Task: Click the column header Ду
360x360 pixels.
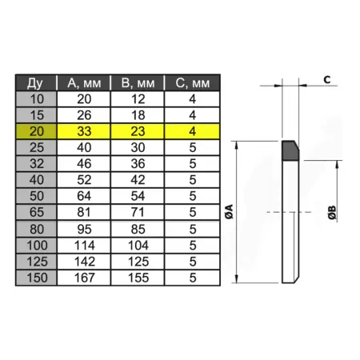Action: (x=35, y=83)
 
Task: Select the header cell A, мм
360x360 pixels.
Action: (x=84, y=83)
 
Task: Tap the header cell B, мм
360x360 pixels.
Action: (x=138, y=83)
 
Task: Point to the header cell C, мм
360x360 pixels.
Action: (x=193, y=83)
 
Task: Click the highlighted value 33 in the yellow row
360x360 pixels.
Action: (x=84, y=131)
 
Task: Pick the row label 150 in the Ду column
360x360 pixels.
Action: (x=37, y=278)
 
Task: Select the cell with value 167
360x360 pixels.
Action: (x=85, y=278)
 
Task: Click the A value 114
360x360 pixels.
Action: (x=85, y=246)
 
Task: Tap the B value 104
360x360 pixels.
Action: (x=138, y=246)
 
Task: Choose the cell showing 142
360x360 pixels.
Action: (x=85, y=262)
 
